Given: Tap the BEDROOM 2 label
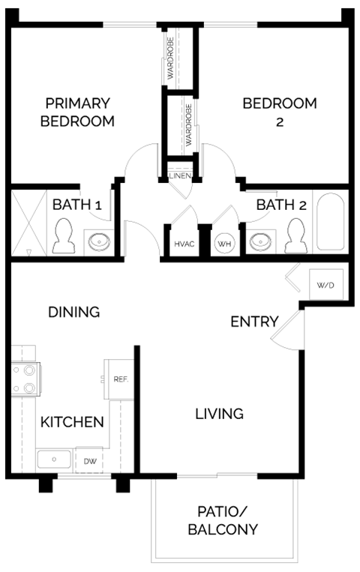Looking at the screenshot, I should (x=268, y=112).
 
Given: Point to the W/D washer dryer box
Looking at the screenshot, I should (x=325, y=285).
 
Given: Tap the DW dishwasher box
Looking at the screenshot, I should (x=88, y=461).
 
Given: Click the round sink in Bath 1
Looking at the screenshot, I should (x=97, y=241).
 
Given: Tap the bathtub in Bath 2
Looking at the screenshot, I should (x=331, y=222).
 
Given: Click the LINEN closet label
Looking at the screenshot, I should (x=181, y=176).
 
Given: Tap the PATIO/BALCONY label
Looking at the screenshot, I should (x=228, y=521).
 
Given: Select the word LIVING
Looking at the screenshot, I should (x=219, y=413).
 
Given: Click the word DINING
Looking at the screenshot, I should (x=73, y=312).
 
